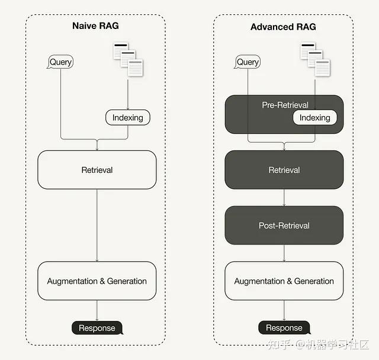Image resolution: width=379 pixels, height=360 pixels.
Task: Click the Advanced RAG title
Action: pos(283,27)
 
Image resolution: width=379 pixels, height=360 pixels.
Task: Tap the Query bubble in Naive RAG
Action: pos(61,62)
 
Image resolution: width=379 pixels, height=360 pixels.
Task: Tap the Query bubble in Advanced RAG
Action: pos(248,62)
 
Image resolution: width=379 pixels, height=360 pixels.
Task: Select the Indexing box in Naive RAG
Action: pos(127,117)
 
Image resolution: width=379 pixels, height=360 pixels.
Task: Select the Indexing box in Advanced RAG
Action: pos(314,117)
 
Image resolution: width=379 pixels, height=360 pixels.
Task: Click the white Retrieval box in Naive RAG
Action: pos(97,170)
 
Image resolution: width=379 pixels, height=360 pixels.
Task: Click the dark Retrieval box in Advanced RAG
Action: pos(284,170)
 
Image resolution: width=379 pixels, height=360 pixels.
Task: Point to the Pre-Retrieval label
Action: pos(285,105)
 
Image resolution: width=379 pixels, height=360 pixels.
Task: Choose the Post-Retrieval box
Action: pos(284,226)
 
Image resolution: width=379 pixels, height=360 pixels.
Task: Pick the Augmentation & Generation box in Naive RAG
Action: pos(97,281)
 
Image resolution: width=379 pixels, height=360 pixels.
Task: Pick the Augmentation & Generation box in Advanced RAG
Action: pos(284,281)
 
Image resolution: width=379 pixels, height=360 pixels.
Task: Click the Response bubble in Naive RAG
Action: pos(97,328)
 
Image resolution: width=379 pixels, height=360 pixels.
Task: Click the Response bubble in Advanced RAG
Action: pos(284,328)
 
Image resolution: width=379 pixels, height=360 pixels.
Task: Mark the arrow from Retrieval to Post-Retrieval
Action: pos(284,198)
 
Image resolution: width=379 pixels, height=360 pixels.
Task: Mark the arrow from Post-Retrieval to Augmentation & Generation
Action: pos(284,253)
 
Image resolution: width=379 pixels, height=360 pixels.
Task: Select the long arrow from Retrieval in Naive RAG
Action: pos(97,225)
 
